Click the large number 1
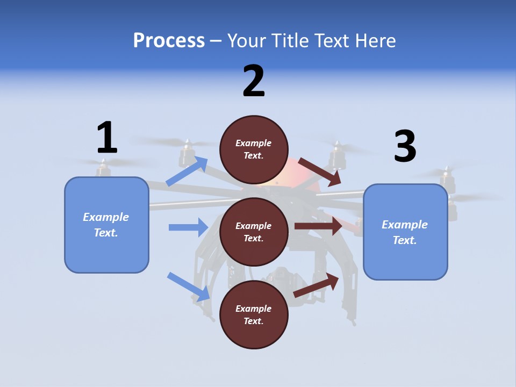[x=107, y=138]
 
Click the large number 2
[x=254, y=82]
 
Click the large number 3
[x=405, y=147]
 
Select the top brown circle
[x=254, y=149]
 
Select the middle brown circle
[x=254, y=232]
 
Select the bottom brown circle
[x=254, y=314]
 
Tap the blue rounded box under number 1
[x=106, y=225]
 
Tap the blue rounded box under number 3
[x=405, y=232]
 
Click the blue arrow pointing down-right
[x=189, y=286]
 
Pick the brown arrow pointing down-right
[x=319, y=171]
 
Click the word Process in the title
[x=169, y=40]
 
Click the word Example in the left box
[x=106, y=217]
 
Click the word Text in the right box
[x=404, y=240]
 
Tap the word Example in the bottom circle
[x=253, y=309]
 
